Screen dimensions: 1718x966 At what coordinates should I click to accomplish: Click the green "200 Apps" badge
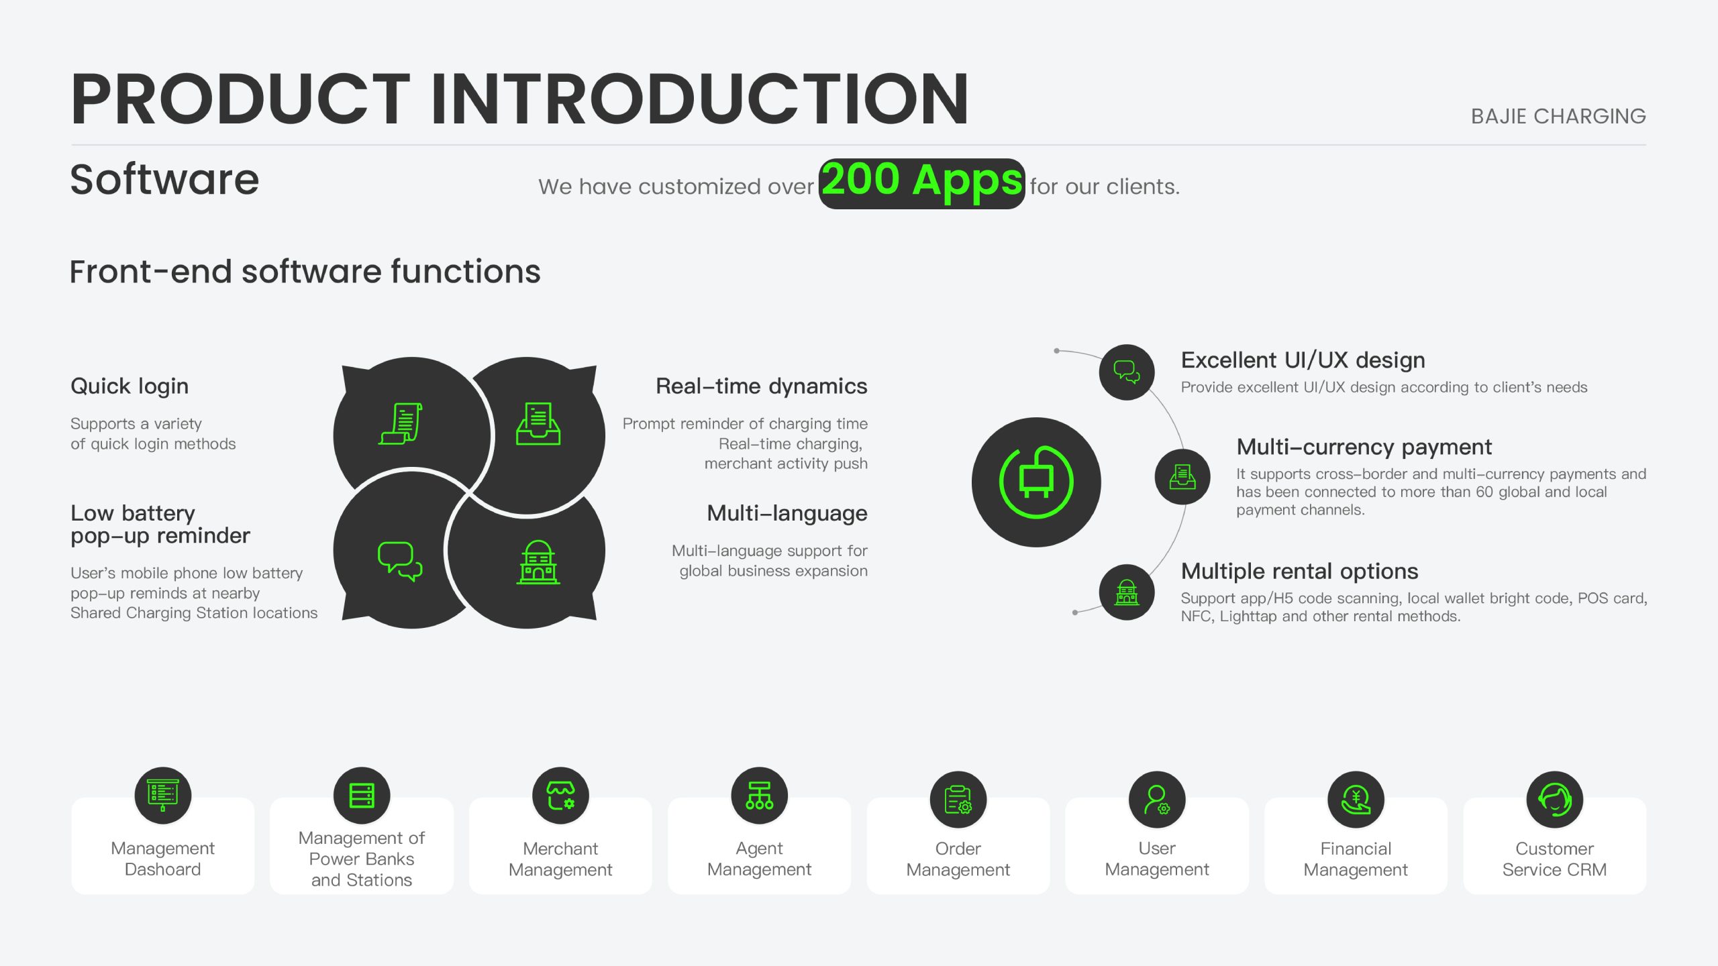pos(921,183)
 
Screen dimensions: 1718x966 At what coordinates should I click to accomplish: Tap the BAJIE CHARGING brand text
pos(1558,116)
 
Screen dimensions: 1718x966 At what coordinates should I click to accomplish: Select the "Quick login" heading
pos(130,386)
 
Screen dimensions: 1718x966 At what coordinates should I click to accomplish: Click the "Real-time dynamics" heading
pos(761,386)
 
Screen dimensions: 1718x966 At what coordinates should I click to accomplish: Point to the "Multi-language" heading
pos(787,514)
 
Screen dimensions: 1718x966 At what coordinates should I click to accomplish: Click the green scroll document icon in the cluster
pos(401,423)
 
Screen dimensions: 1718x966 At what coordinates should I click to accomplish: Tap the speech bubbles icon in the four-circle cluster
pos(400,561)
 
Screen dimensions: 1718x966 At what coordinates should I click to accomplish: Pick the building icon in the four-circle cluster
pos(538,562)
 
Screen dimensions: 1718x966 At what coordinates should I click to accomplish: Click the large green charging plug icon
pos(1036,482)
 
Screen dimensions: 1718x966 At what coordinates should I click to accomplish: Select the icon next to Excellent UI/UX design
pos(1127,372)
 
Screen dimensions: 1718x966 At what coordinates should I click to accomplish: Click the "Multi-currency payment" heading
pos(1364,447)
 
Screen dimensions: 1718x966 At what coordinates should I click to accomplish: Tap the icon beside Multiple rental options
pos(1127,592)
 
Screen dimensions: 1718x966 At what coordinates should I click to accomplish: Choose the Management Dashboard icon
pos(163,796)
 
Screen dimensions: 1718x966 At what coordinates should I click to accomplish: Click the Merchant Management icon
pos(560,796)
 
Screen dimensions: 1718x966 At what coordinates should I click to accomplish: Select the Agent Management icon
pos(759,796)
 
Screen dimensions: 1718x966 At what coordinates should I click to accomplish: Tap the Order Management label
pos(958,859)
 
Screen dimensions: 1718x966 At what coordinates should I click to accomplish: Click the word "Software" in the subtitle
pos(164,180)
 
